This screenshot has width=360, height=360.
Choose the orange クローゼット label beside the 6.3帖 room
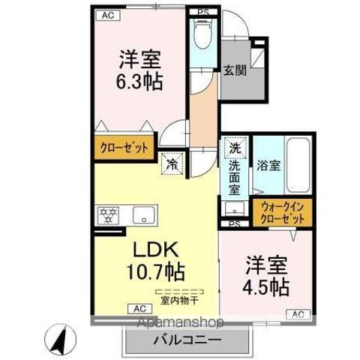(124, 147)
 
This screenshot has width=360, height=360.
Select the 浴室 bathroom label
(269, 166)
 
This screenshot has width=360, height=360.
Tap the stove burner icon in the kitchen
(108, 216)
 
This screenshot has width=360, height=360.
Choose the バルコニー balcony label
(177, 340)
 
